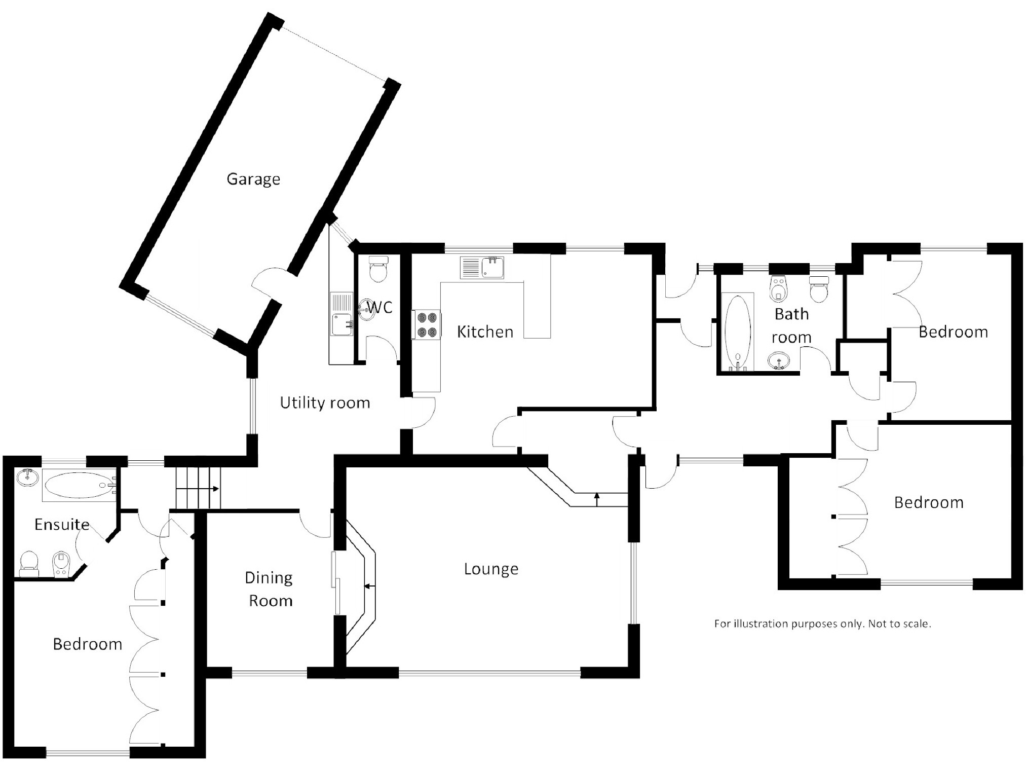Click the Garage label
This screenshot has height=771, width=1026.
[253, 179]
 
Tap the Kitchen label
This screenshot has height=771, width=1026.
[485, 332]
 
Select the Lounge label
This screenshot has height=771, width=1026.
[491, 569]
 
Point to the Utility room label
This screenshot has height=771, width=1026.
[325, 403]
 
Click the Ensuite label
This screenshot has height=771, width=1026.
[62, 524]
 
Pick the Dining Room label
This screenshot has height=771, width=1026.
[270, 589]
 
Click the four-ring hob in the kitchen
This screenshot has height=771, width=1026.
[426, 325]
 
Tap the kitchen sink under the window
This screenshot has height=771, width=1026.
[482, 268]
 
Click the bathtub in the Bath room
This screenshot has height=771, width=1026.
[737, 332]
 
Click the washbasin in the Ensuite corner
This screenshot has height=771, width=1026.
[27, 477]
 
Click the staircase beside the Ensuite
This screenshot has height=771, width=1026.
[198, 488]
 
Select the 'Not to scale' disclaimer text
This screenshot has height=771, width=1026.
[822, 623]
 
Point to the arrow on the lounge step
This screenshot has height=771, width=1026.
[597, 499]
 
